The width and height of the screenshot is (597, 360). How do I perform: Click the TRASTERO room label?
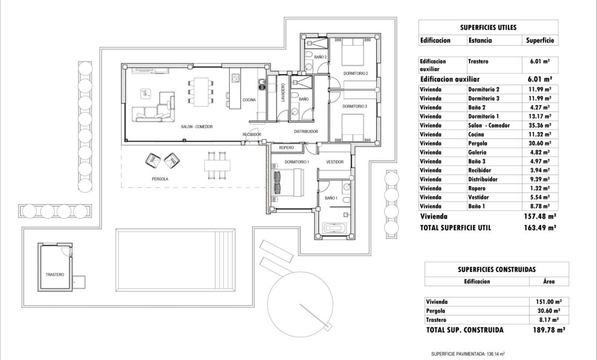pyautogui.click(x=55, y=275)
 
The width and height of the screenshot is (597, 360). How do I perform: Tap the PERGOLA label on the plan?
pyautogui.click(x=160, y=179)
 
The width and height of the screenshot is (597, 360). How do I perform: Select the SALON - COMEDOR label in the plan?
pyautogui.click(x=197, y=127)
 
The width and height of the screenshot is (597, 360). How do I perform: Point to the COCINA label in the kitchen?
pyautogui.click(x=249, y=100)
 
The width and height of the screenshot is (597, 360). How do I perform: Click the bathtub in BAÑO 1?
pyautogui.click(x=334, y=229)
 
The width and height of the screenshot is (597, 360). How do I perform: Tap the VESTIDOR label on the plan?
pyautogui.click(x=335, y=162)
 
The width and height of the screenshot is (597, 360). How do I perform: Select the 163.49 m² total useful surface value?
pyautogui.click(x=540, y=227)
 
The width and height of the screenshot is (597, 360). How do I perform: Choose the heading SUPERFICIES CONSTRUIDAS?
pyautogui.click(x=496, y=269)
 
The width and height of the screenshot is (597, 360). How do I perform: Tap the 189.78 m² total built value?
pyautogui.click(x=547, y=330)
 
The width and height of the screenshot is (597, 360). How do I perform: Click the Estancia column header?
pyautogui.click(x=480, y=40)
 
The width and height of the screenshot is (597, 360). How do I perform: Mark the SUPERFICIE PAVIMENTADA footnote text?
pyautogui.click(x=468, y=353)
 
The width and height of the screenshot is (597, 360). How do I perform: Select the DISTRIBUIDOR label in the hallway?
pyautogui.click(x=306, y=131)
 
